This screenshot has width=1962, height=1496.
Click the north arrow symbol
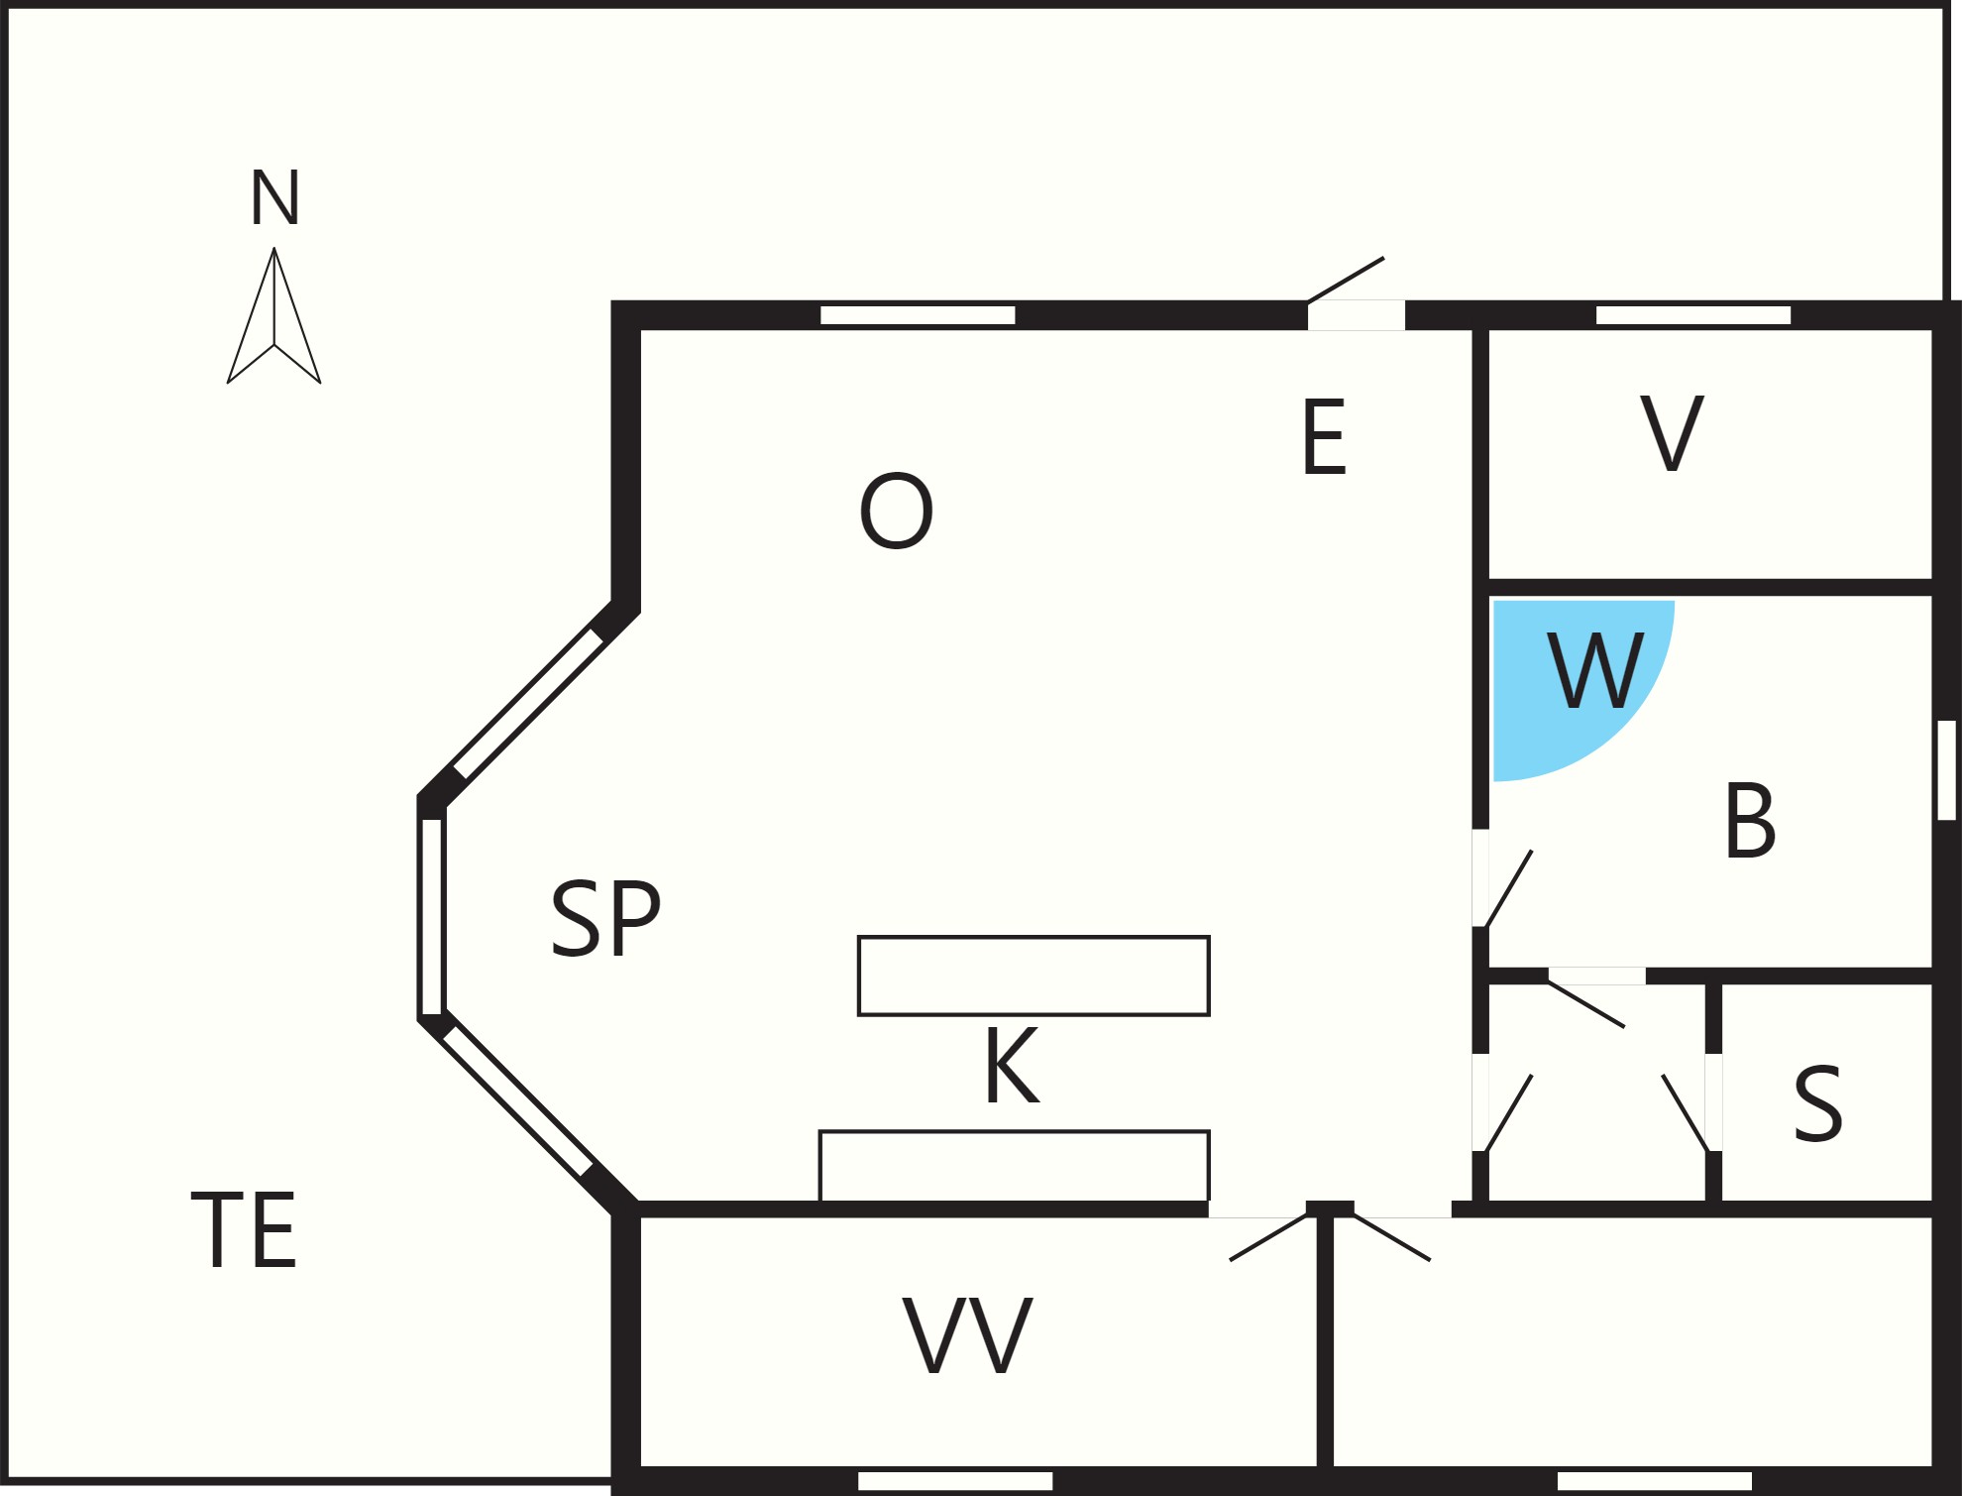click(274, 315)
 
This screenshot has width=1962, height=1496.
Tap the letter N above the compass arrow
click(274, 197)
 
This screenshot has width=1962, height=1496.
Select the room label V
click(1672, 433)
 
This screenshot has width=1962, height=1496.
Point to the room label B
click(1750, 820)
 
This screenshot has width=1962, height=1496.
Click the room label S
click(1818, 1104)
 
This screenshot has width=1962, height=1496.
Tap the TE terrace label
click(244, 1230)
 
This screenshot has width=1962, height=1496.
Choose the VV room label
click(968, 1335)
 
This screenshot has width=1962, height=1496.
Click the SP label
click(605, 919)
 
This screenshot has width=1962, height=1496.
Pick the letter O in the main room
click(897, 511)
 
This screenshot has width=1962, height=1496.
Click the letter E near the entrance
click(1324, 436)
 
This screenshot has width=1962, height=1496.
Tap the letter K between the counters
click(1012, 1066)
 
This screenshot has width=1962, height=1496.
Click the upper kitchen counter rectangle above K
click(1034, 976)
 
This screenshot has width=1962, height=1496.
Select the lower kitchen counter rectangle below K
click(1014, 1166)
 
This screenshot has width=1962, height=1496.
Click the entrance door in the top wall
click(1347, 280)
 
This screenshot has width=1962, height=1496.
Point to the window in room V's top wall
click(1693, 315)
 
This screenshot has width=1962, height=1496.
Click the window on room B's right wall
click(1946, 770)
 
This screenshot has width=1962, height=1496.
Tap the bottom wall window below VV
click(955, 1481)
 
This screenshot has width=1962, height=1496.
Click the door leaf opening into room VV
click(1268, 1237)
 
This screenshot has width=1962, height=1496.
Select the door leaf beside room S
click(1686, 1112)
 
